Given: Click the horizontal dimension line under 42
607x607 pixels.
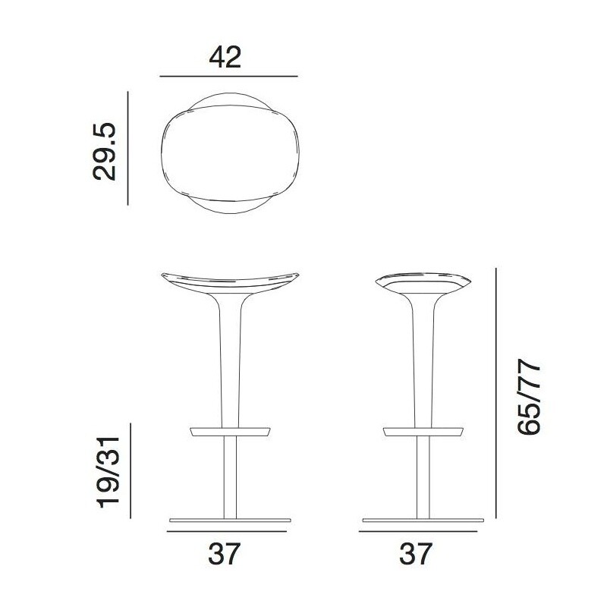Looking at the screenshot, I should pos(228,77).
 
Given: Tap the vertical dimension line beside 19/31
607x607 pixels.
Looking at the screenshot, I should pos(131,470).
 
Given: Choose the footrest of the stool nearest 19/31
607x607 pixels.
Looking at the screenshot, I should pos(229,432).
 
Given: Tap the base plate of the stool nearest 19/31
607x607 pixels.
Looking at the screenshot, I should pos(230,521).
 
